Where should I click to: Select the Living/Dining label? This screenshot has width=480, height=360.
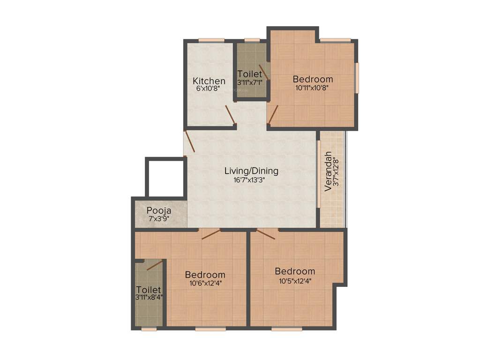(251, 171)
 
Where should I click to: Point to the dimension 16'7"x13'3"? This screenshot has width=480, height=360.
(251, 180)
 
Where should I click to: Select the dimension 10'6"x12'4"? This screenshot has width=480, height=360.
(205, 283)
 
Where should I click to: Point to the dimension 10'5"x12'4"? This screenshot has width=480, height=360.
(294, 280)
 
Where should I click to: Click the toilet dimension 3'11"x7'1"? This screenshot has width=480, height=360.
(249, 82)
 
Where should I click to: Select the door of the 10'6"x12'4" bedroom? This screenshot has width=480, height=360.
(210, 233)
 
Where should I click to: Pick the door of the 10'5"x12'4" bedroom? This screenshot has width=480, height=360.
(266, 233)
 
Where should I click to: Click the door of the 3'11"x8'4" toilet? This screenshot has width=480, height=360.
(155, 265)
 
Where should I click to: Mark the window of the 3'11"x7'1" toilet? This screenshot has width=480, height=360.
(252, 40)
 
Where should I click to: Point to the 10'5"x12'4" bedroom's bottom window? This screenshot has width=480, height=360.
(286, 330)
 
